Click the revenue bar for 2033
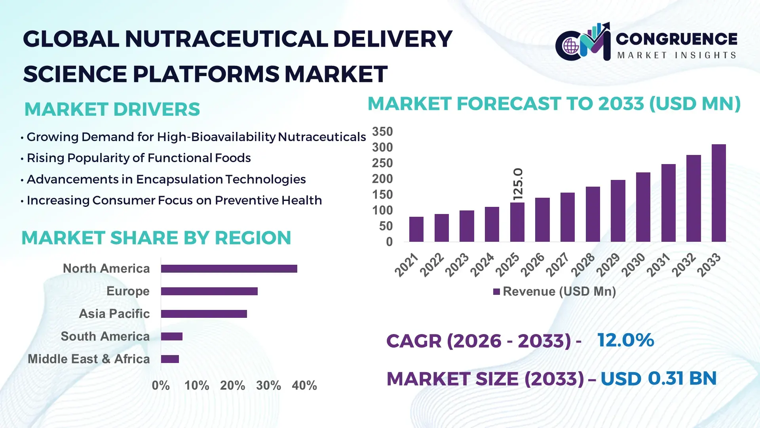tap(718, 193)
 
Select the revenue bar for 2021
tap(416, 229)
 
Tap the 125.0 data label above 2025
tap(518, 184)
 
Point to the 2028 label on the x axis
tap(583, 264)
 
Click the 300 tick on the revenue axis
tap(382, 147)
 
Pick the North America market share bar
tap(229, 269)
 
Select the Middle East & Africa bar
tap(170, 359)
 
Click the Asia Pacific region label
tap(114, 314)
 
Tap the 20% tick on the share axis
tap(232, 386)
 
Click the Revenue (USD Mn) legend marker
tap(496, 292)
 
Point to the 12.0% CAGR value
tap(625, 340)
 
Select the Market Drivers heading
tap(112, 109)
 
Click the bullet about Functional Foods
tap(139, 158)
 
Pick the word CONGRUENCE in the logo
tap(676, 39)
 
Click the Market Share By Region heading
tap(156, 238)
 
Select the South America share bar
tap(171, 336)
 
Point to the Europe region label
tap(128, 291)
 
